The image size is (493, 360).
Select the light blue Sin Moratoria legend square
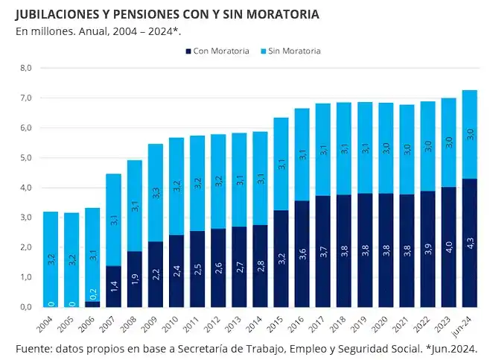[x=262, y=51]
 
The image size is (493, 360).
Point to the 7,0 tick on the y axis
[x=26, y=98]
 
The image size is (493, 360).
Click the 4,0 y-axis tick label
[x=26, y=188]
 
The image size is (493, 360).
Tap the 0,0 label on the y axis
[x=26, y=306]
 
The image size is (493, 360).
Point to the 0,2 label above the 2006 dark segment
[x=93, y=293]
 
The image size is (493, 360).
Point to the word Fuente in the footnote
[x=34, y=348]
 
